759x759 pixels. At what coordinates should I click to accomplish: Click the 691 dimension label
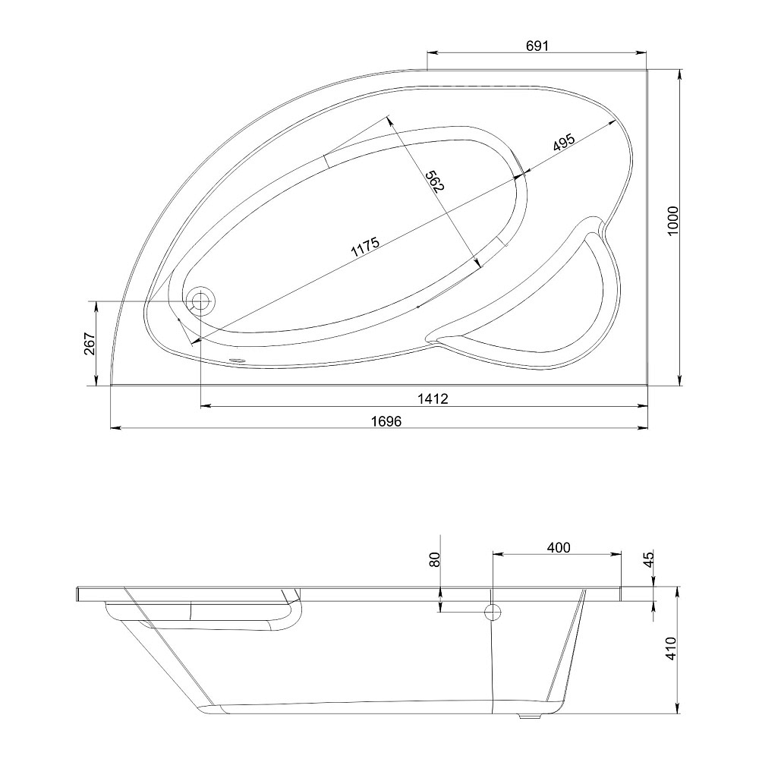tap(537, 46)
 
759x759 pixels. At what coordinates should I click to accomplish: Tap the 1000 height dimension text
tap(673, 221)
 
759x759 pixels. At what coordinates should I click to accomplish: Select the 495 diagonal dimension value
tap(563, 143)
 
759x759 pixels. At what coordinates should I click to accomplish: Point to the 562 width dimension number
tap(434, 181)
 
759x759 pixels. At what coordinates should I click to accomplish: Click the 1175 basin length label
tap(365, 247)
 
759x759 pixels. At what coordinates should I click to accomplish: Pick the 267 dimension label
tap(90, 343)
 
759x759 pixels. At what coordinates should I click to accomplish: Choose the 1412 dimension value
tap(433, 398)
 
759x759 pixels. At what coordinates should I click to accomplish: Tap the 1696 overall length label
tap(386, 421)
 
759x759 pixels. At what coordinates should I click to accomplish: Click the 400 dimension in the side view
tap(559, 547)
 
